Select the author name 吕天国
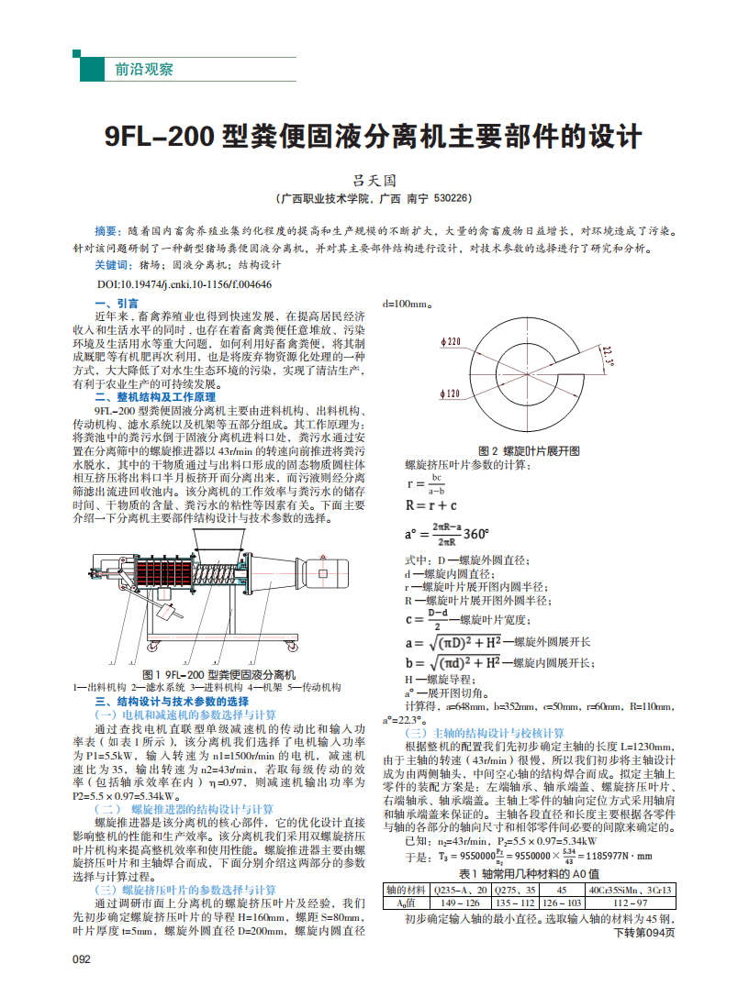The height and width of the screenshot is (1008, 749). coord(375,182)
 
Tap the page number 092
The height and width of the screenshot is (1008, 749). coord(82,958)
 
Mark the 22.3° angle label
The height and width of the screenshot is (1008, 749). coord(607,356)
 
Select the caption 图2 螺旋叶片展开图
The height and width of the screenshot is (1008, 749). coord(530,450)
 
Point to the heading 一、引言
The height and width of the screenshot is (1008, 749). coord(117,303)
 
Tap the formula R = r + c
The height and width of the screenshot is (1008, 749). coord(430,504)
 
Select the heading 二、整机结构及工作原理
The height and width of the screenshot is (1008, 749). coord(155,397)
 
